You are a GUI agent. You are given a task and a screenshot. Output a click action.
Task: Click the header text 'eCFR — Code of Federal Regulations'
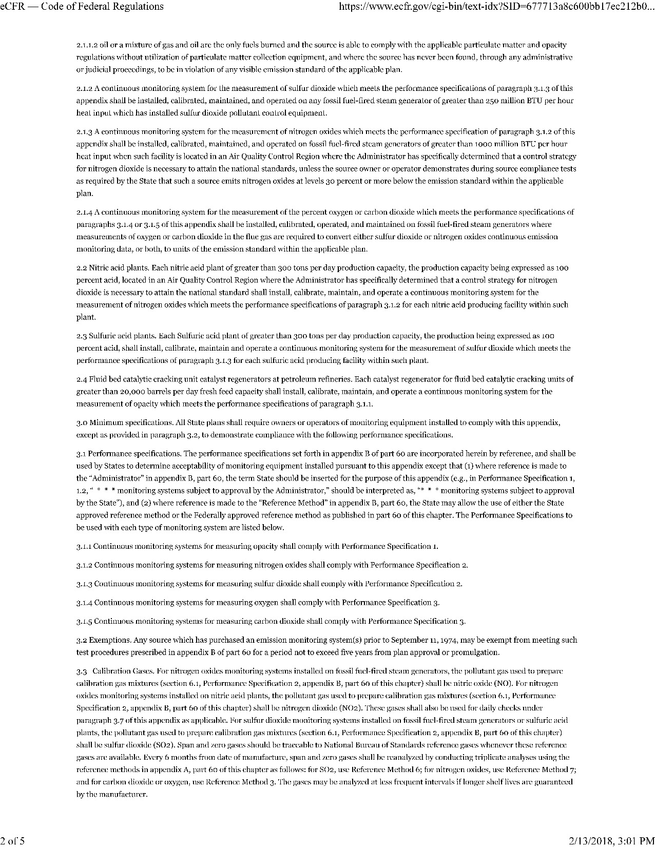[82, 7]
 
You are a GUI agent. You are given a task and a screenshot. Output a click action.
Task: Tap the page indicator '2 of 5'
[12, 840]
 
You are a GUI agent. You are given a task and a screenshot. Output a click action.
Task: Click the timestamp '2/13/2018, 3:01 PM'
[611, 840]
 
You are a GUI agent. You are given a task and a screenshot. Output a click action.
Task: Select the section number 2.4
[81, 379]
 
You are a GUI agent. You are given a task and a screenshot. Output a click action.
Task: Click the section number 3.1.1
[84, 547]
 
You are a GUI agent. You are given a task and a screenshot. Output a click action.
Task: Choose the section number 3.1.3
[84, 584]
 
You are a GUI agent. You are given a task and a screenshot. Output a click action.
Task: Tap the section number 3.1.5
[84, 621]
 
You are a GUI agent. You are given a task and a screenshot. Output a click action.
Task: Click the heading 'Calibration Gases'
[123, 671]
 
